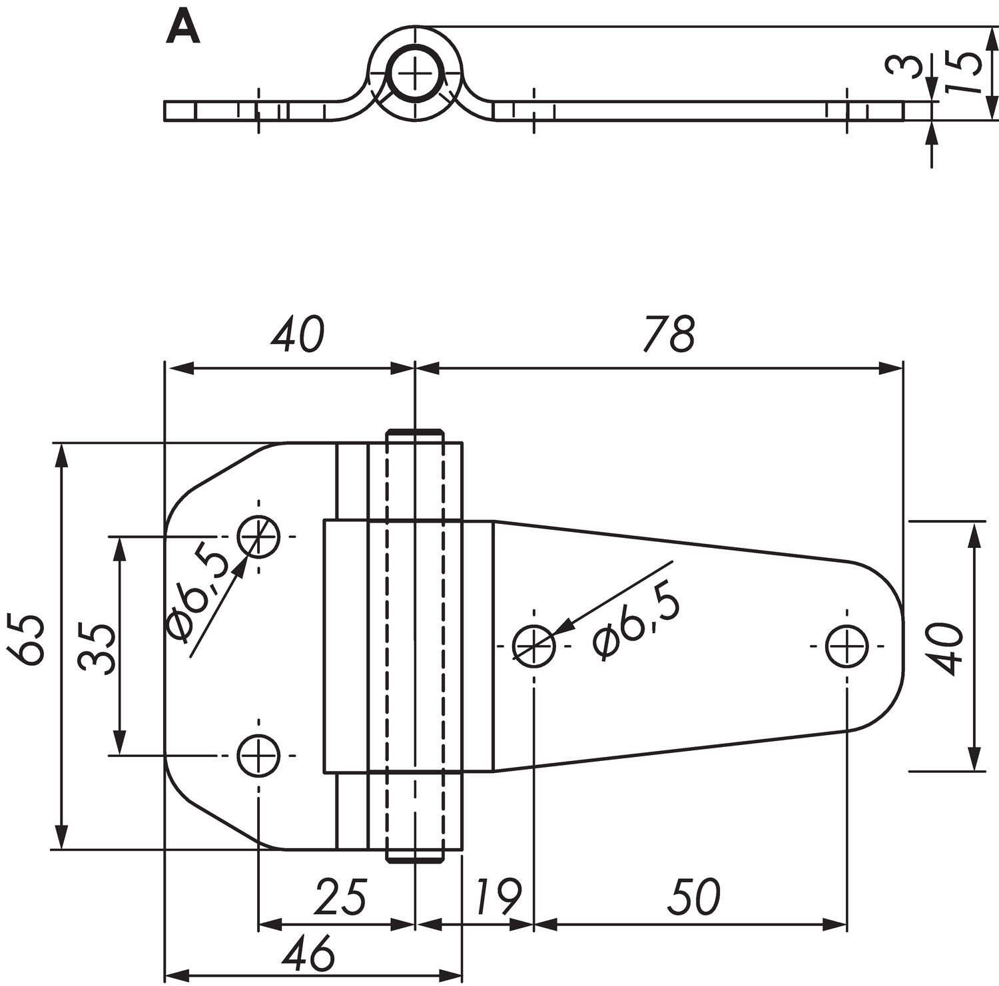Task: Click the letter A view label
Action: click(183, 29)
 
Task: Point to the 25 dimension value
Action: click(340, 897)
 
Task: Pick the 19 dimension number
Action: click(498, 897)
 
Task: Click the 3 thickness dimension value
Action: click(900, 66)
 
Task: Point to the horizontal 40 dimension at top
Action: click(297, 334)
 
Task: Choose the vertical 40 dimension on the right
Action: click(946, 648)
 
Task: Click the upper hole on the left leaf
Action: click(259, 536)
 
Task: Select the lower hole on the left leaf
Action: click(259, 755)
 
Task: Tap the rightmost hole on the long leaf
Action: click(846, 646)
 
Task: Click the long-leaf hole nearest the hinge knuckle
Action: click(534, 646)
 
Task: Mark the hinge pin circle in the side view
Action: click(415, 73)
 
